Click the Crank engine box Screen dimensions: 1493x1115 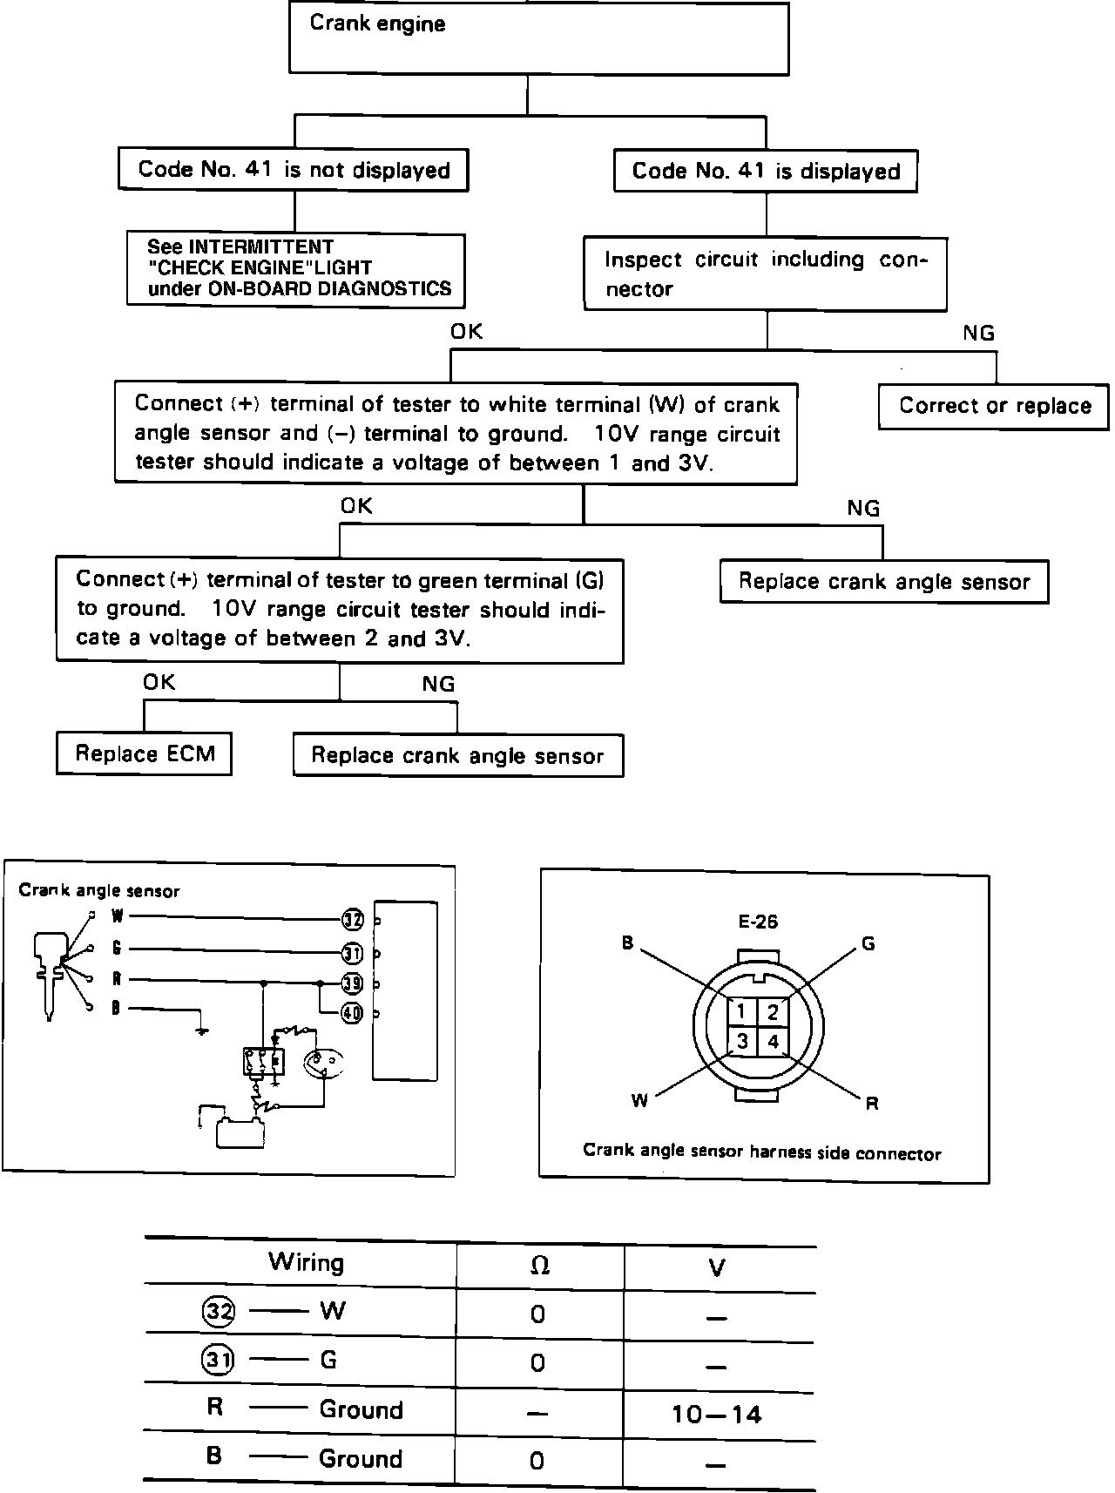pyautogui.click(x=538, y=38)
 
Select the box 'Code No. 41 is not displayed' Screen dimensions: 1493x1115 pyautogui.click(x=294, y=170)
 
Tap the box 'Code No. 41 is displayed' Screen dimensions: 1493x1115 pyautogui.click(x=766, y=172)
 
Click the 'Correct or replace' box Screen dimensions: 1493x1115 pyautogui.click(x=994, y=407)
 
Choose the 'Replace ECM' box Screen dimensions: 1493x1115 pyautogui.click(x=145, y=753)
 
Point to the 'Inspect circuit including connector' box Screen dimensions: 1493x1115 pyautogui.click(x=765, y=274)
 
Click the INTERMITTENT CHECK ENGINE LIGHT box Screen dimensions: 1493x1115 pyautogui.click(x=296, y=269)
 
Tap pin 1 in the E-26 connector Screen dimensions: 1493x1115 pyautogui.click(x=740, y=1012)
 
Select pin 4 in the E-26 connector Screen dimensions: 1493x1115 pyautogui.click(x=773, y=1041)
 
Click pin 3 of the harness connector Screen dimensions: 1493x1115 pyautogui.click(x=741, y=1041)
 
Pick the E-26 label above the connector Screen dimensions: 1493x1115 pyautogui.click(x=757, y=922)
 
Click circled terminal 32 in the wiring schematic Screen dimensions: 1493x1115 pyautogui.click(x=351, y=919)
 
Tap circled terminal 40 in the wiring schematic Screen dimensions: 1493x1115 pyautogui.click(x=351, y=1014)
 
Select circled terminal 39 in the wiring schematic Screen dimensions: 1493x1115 pyautogui.click(x=351, y=983)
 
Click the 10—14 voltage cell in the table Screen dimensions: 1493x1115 pyautogui.click(x=717, y=1413)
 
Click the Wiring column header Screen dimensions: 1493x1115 pyautogui.click(x=306, y=1262)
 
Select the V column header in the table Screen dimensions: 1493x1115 pyautogui.click(x=717, y=1267)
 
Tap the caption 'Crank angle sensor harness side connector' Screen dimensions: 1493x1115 pyautogui.click(x=761, y=1152)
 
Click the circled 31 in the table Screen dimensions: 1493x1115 pyautogui.click(x=217, y=1360)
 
